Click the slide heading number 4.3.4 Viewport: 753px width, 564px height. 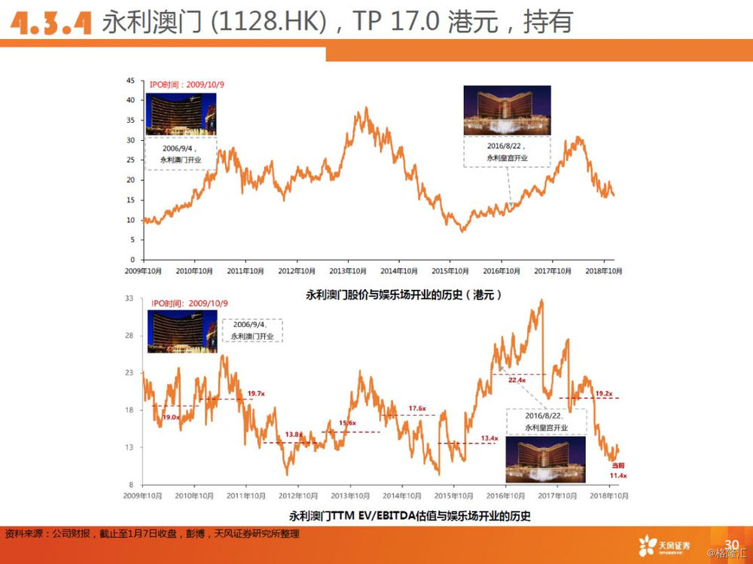[x=50, y=22]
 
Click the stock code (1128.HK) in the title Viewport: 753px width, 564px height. [x=270, y=22]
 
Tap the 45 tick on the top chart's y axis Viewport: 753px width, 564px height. [x=131, y=80]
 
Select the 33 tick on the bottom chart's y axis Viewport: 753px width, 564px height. [x=129, y=299]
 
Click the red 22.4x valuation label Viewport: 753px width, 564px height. [x=516, y=380]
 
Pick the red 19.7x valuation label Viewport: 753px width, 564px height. [x=257, y=393]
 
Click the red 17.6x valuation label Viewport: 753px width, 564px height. [x=417, y=408]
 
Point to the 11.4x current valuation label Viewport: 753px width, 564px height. [x=618, y=476]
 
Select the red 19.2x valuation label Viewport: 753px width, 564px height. [x=603, y=393]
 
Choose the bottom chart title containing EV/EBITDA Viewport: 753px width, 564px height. [x=410, y=517]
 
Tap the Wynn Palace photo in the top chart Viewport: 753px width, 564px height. [x=507, y=110]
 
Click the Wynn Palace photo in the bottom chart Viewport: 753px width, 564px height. [x=545, y=459]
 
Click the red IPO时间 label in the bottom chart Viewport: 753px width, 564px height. [x=189, y=303]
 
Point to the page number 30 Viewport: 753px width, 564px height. [x=730, y=544]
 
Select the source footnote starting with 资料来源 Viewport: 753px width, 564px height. [x=151, y=534]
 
